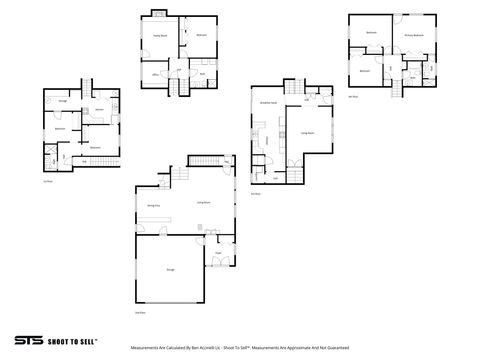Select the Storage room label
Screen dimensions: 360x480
[x=63, y=102]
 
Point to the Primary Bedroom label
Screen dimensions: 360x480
[x=414, y=35]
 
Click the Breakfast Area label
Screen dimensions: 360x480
[x=268, y=103]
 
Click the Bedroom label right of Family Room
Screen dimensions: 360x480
[x=201, y=35]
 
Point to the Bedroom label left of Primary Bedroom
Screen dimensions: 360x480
[x=371, y=34]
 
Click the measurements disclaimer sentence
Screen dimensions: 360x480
[x=240, y=348]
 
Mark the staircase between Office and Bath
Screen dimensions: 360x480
[x=171, y=87]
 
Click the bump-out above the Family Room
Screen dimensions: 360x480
[x=158, y=14]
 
